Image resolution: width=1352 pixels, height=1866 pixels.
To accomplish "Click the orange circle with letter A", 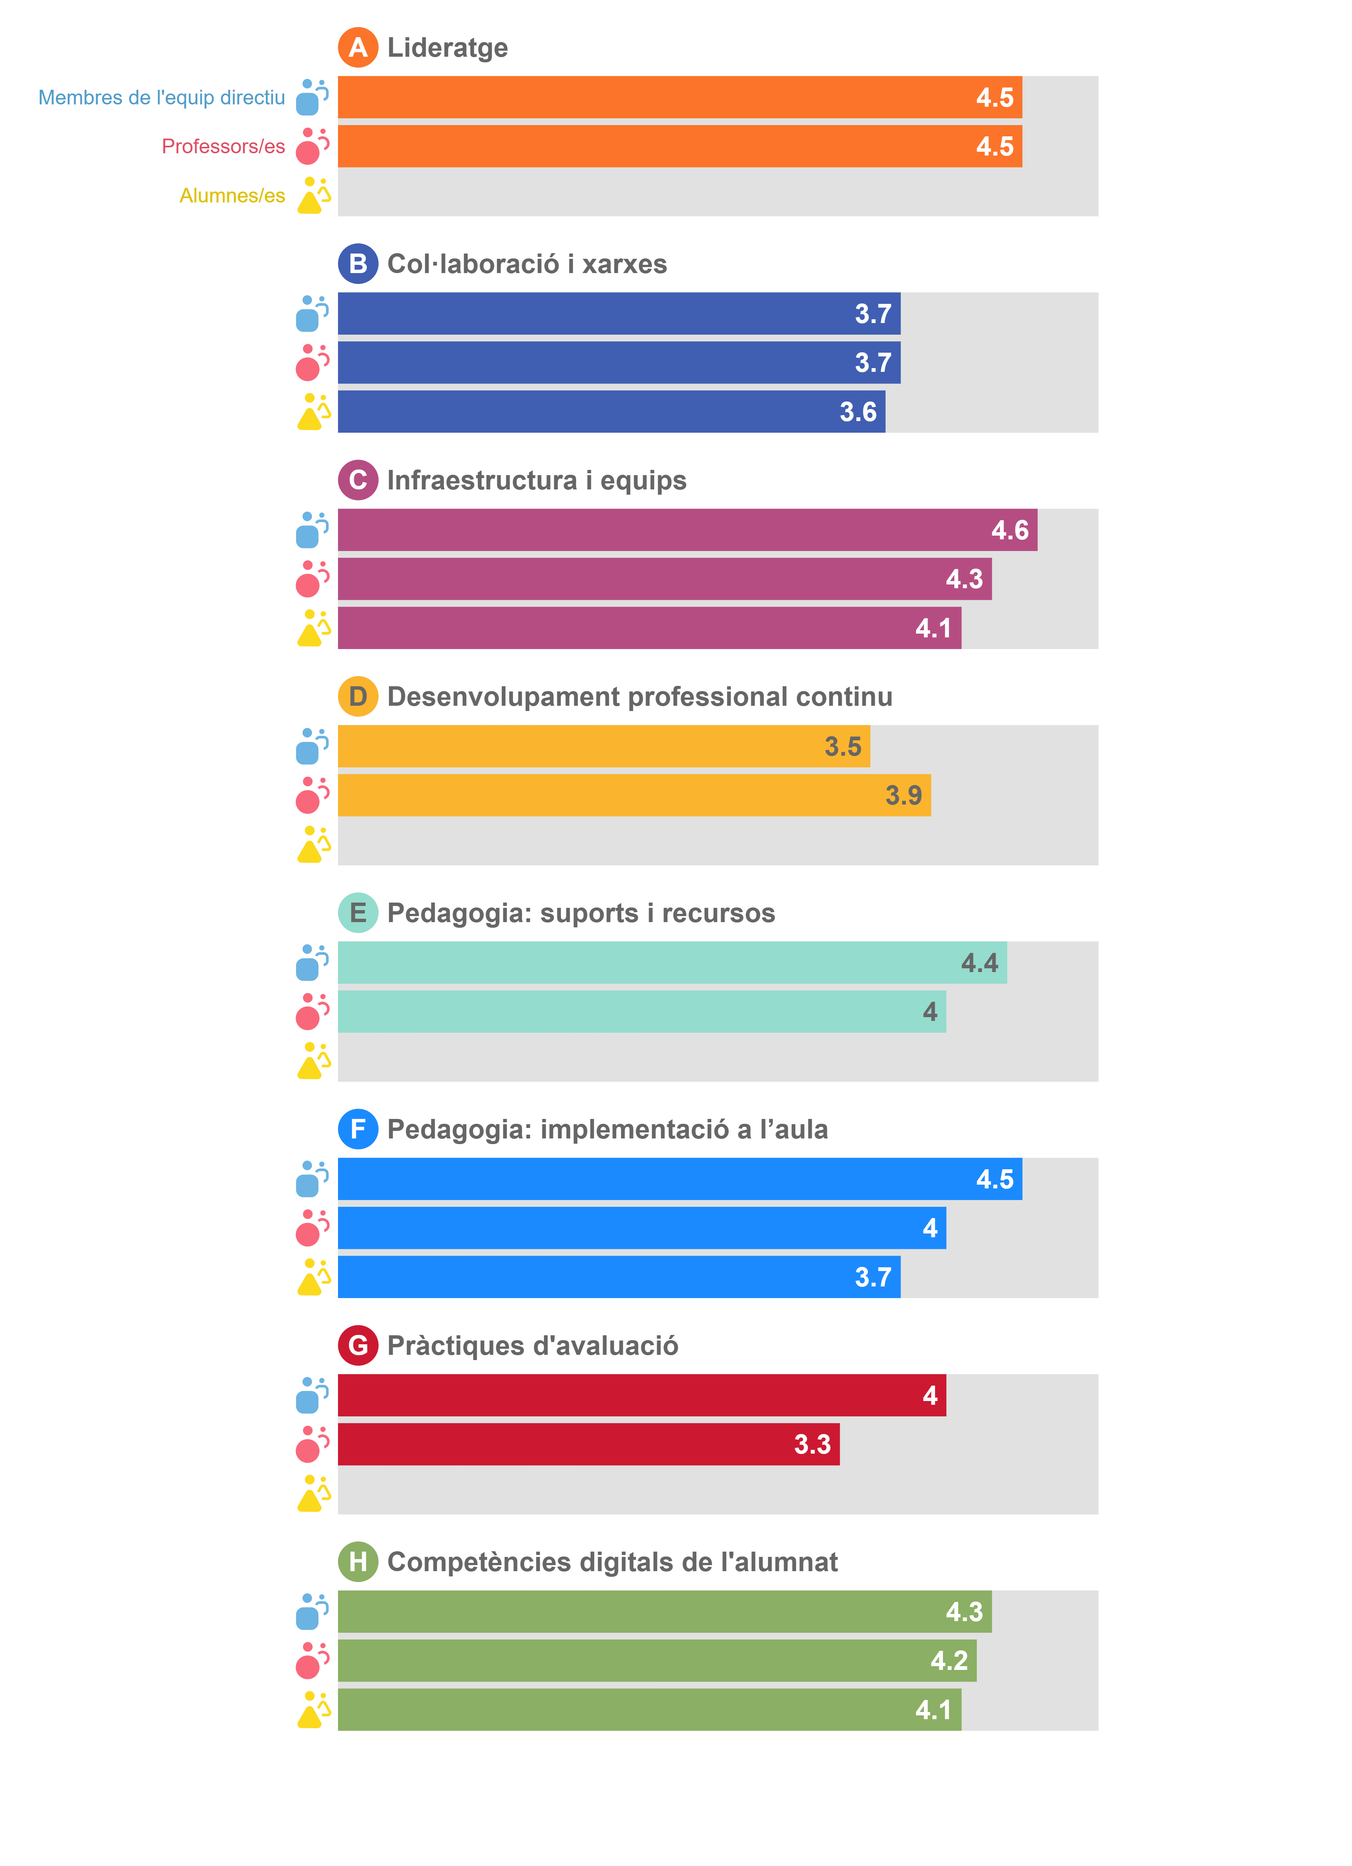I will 358,48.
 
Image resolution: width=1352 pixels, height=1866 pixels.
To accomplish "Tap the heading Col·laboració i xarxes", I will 527,264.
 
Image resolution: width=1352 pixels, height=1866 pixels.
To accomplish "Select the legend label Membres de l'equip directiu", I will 161,98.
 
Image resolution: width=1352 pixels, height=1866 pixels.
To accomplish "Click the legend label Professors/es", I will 223,146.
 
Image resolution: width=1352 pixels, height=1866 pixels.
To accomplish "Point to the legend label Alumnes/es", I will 232,196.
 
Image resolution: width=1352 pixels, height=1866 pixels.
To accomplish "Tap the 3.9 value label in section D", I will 903,796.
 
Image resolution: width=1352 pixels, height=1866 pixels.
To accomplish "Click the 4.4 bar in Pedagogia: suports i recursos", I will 671,963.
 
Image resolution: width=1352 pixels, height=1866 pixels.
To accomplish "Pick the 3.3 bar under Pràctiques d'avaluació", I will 588,1444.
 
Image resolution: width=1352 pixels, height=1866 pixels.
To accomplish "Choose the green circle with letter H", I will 358,1562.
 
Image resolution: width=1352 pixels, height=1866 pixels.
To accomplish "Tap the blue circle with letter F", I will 358,1129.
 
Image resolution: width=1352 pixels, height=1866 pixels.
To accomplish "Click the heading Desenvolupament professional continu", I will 639,697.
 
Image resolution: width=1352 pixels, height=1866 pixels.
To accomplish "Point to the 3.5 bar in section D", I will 603,746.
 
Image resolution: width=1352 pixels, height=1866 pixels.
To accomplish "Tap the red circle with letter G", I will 358,1345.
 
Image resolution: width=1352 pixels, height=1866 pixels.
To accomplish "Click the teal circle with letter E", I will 358,912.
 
